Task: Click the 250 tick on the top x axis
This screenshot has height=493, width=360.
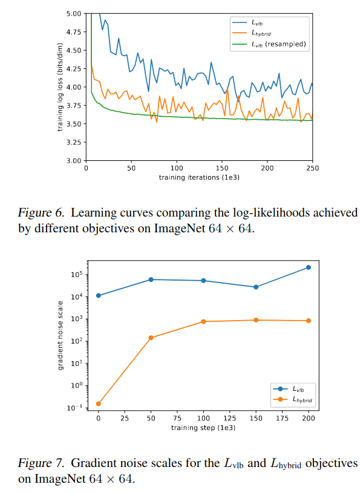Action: coord(312,169)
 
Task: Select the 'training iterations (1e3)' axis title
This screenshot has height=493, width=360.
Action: coord(199,178)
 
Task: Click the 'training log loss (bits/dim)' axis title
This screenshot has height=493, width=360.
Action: coord(61,87)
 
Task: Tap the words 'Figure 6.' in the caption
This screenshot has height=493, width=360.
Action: coord(38,212)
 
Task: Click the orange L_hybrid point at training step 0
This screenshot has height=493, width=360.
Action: coord(98,403)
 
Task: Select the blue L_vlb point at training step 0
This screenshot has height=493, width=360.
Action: coord(98,295)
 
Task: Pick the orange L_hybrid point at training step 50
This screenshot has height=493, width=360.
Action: coord(151,338)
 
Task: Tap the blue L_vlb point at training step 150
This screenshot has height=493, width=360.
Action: coord(256,287)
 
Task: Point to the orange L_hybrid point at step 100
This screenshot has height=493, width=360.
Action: coord(203,321)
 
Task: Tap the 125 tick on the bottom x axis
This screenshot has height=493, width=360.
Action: coord(229,418)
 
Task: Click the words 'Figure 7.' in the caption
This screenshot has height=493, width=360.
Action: coord(38,463)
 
